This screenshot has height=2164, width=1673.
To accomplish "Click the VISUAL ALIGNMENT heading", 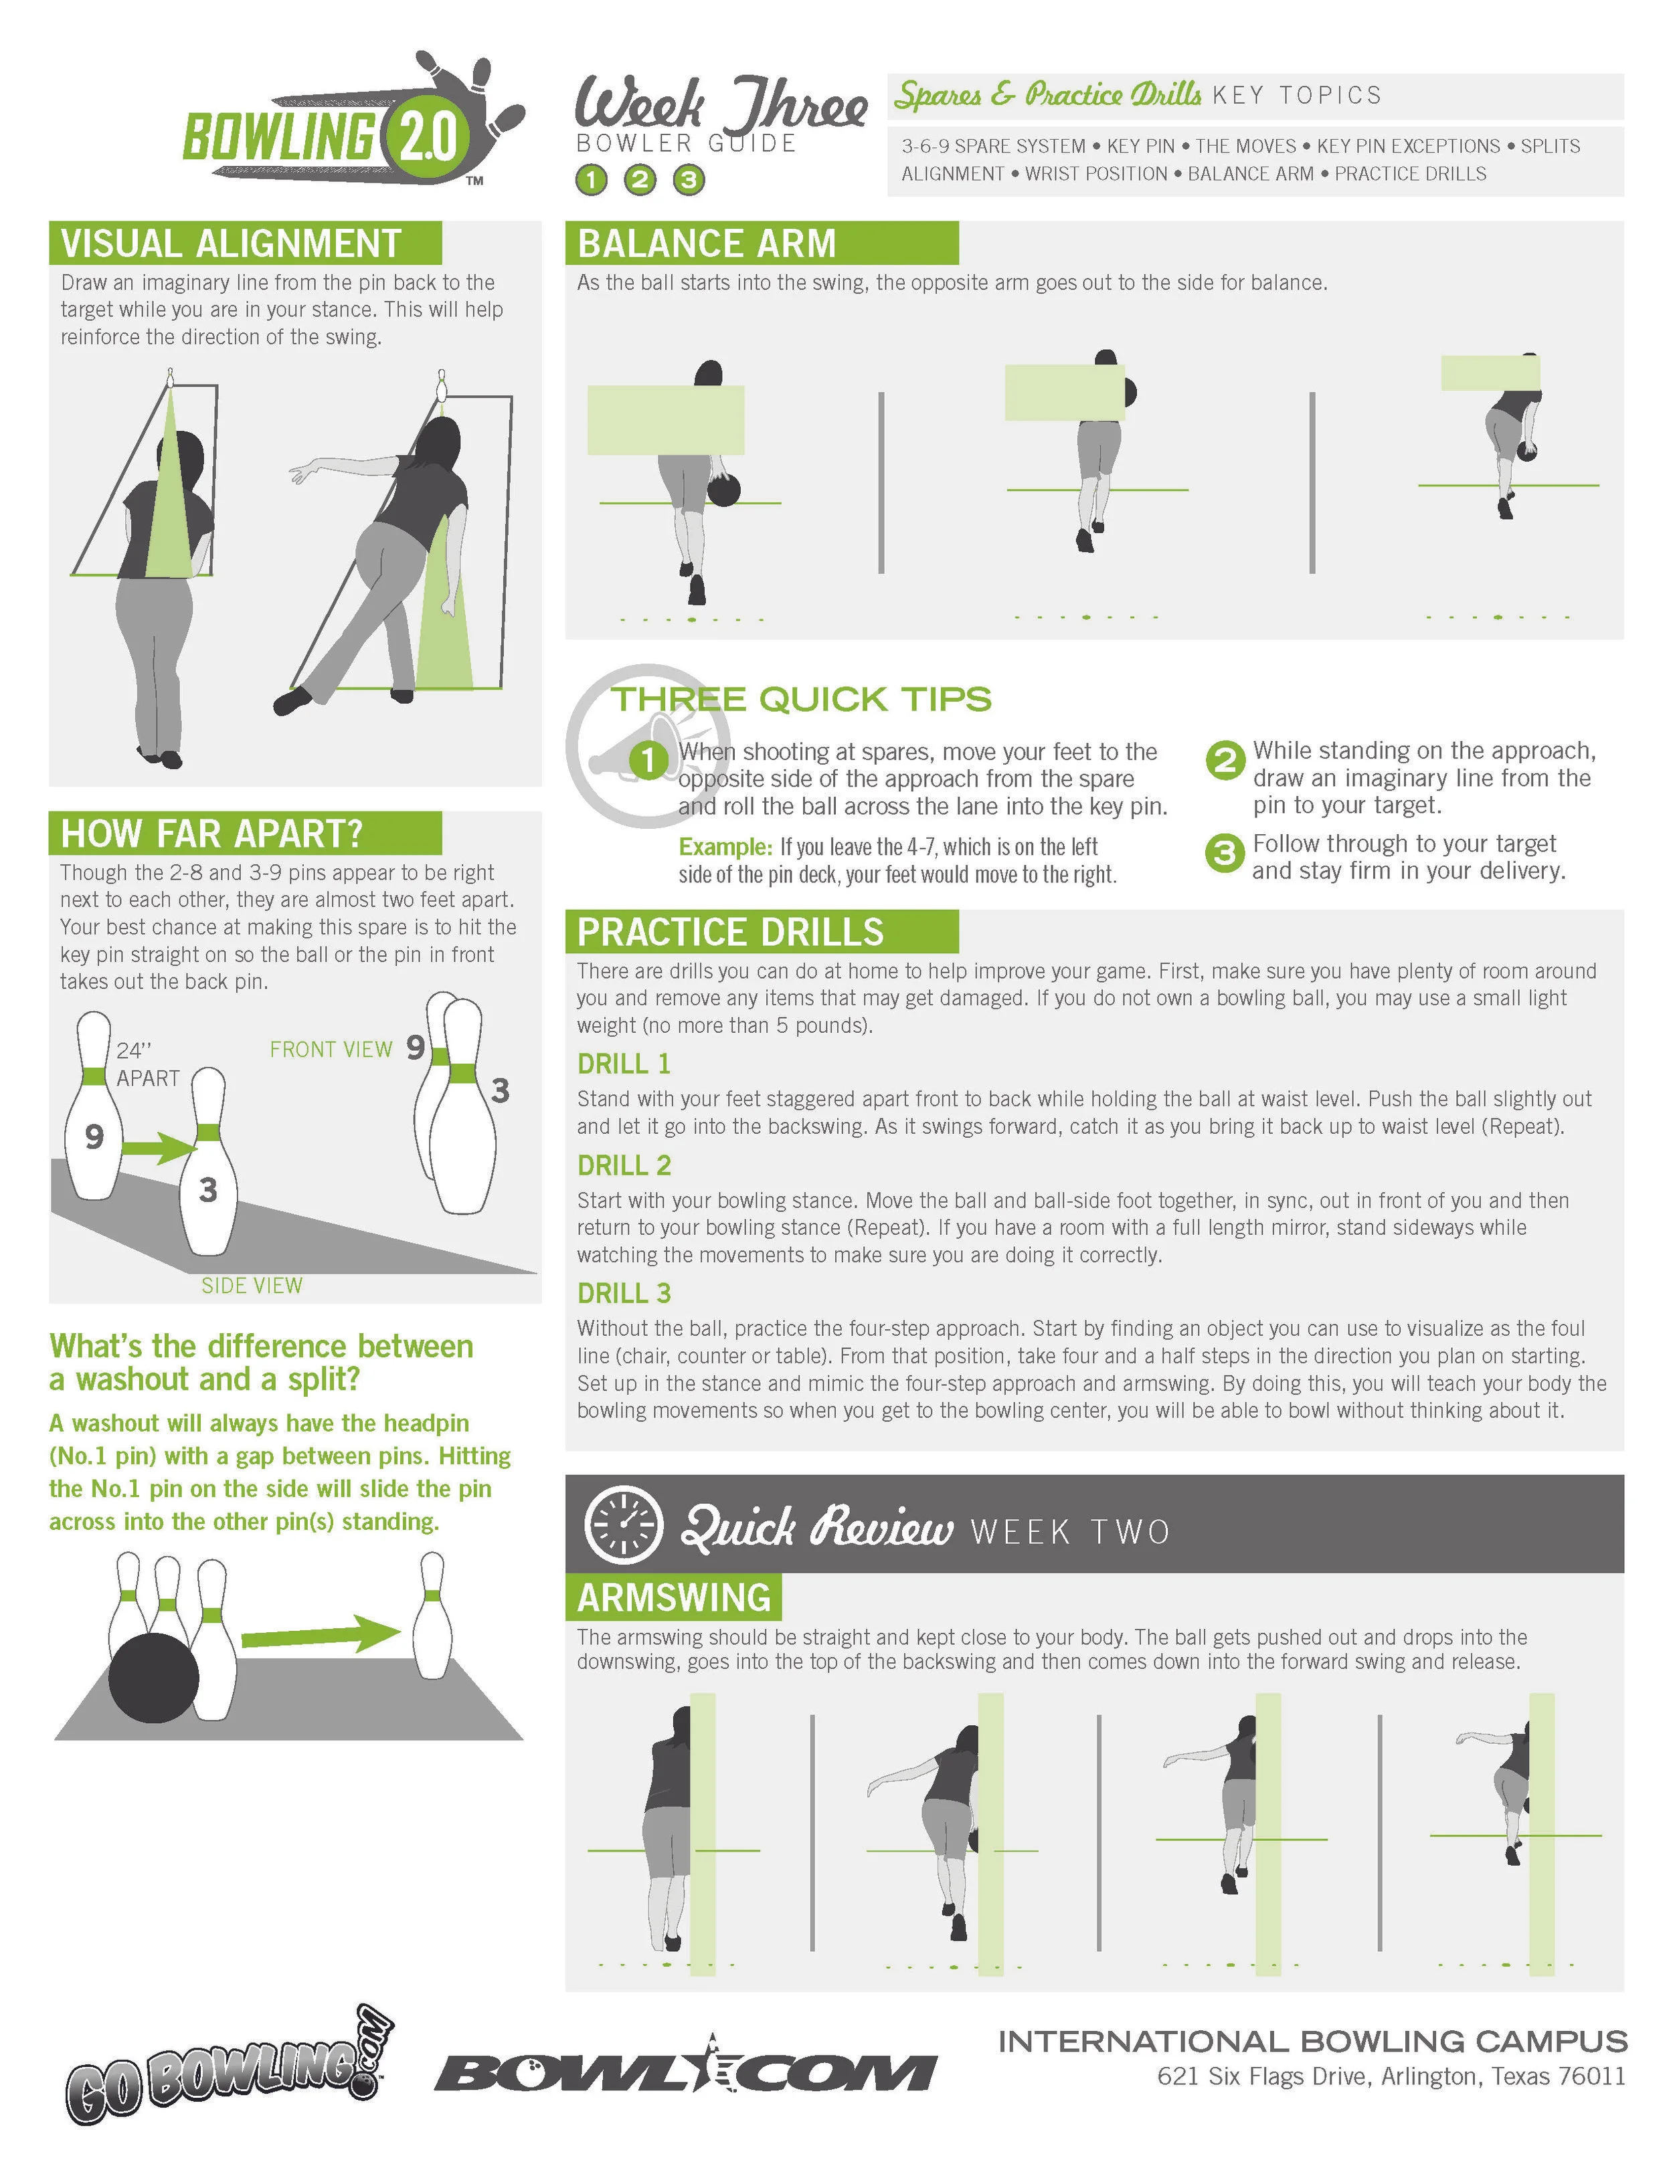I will point(231,243).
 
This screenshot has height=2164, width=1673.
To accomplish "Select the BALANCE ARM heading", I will point(707,243).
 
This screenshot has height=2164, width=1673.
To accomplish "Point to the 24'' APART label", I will point(148,1064).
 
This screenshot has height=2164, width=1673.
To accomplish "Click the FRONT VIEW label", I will point(331,1050).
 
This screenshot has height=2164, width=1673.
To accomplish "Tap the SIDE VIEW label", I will point(252,1285).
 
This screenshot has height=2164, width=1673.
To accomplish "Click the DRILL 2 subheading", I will point(624,1165).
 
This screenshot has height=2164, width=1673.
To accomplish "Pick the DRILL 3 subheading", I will point(624,1293).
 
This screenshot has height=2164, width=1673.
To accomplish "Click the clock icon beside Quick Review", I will point(622,1525).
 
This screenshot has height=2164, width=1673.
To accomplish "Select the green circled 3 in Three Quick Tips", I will point(1224,853).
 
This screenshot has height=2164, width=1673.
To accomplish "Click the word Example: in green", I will point(725,847).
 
